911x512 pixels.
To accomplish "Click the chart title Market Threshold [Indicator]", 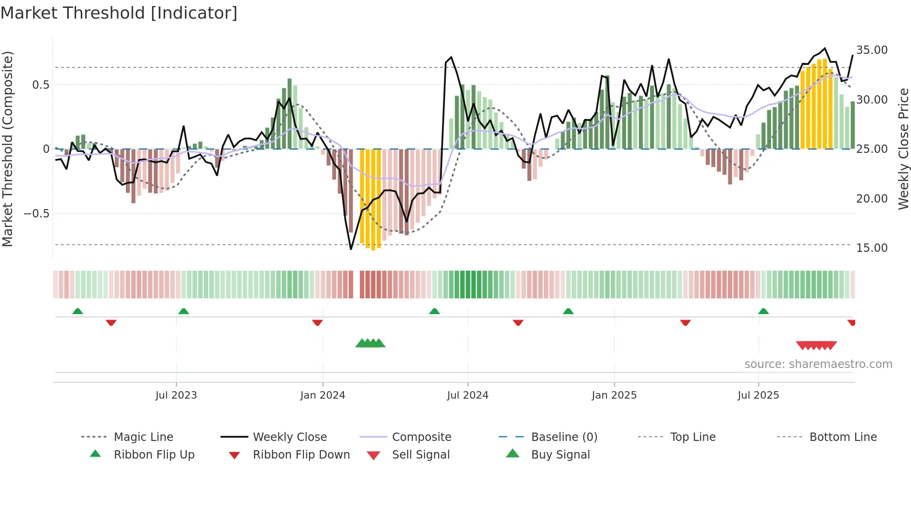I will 119,13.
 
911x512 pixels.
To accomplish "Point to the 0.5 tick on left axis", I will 40,85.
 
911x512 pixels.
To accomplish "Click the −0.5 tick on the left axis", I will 36,214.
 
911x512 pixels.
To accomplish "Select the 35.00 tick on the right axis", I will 871,50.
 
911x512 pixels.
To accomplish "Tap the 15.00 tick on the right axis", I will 871,248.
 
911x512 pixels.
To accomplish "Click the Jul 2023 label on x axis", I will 176,395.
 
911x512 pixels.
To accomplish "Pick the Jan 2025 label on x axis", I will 614,395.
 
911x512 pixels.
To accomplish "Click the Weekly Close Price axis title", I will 903,149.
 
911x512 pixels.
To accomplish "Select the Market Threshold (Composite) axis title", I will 7,149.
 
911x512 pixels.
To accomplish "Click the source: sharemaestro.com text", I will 818,364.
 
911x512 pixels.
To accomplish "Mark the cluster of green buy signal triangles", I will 370,343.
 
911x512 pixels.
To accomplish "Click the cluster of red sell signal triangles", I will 816,345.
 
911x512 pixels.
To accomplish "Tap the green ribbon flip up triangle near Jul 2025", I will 763,311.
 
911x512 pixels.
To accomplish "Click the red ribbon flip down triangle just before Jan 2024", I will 317,322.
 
